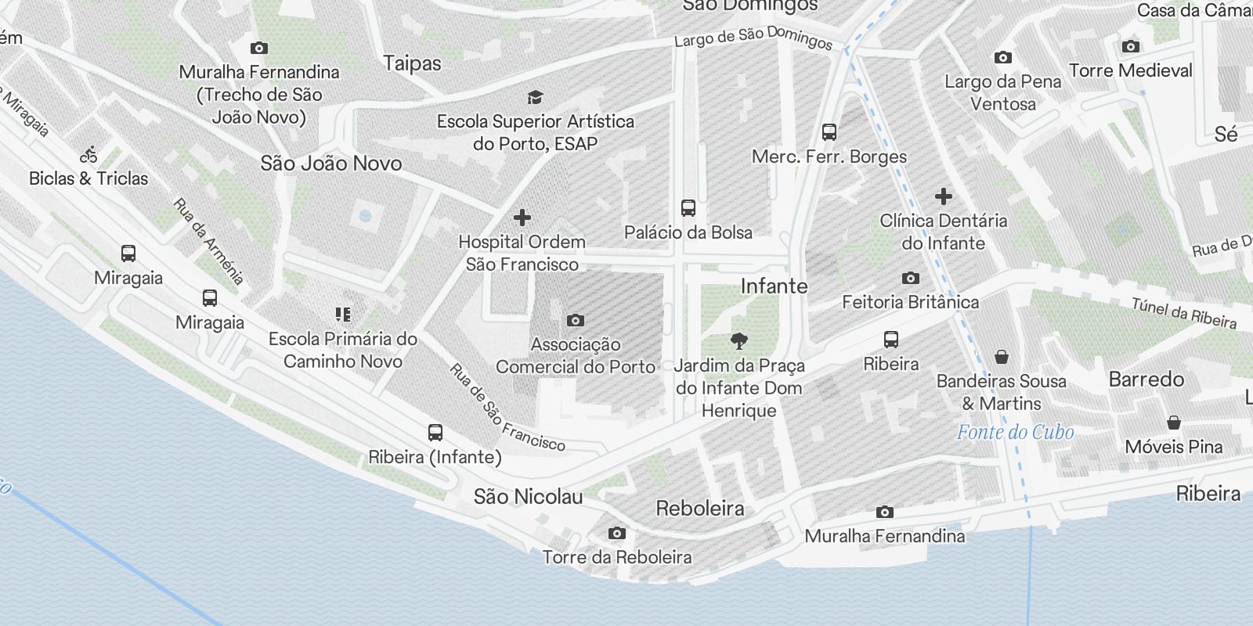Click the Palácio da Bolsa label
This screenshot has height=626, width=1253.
(688, 232)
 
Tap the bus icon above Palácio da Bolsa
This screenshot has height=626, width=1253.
(688, 208)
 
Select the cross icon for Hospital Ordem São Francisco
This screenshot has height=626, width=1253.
(522, 218)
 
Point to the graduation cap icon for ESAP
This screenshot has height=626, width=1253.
(535, 97)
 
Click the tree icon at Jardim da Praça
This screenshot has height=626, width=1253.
(738, 340)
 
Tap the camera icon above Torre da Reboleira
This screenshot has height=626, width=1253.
(617, 533)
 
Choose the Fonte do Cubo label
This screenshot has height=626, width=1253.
(1015, 432)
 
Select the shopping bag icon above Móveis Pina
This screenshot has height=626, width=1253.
(1173, 423)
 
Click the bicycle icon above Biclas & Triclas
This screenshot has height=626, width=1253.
(89, 154)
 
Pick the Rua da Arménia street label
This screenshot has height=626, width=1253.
(208, 241)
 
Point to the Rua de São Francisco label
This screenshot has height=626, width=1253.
(507, 408)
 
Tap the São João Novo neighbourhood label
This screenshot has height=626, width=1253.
(330, 164)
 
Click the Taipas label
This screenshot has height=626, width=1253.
(412, 63)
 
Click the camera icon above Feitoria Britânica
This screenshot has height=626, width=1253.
(910, 278)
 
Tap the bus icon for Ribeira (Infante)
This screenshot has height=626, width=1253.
(435, 433)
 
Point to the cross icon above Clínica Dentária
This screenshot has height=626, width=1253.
(943, 196)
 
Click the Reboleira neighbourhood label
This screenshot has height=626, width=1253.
(700, 509)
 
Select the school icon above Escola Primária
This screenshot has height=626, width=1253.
(342, 315)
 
